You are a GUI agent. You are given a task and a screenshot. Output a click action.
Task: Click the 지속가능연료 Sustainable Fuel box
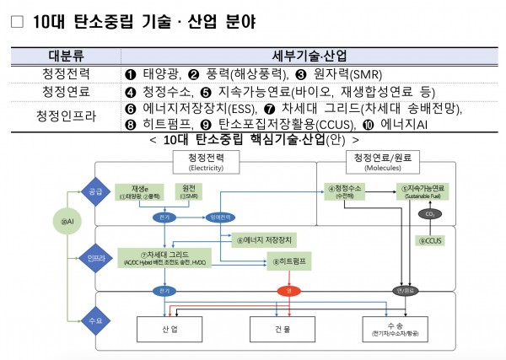427,191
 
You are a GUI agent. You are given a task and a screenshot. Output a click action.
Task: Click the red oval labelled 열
288,291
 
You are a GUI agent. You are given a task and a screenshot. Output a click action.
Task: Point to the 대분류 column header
59,57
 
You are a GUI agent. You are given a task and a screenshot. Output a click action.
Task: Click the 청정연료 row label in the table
59,91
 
